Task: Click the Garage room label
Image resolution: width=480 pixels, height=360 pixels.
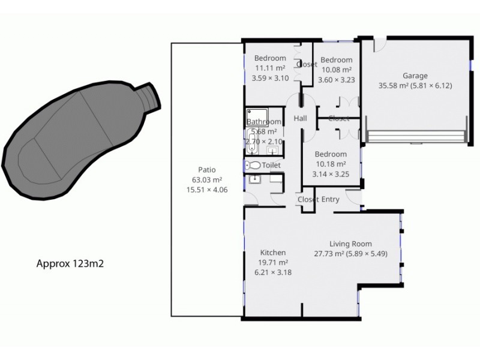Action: pos(415,76)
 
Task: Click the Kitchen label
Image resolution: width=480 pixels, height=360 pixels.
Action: pos(272,253)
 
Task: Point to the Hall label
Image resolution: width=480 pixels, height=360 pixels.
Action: pos(300,118)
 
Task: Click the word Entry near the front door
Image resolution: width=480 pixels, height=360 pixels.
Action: pos(331,199)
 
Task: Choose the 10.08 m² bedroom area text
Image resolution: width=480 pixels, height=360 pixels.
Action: pos(336,70)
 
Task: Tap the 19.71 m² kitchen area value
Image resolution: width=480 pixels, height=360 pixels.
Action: pos(273,262)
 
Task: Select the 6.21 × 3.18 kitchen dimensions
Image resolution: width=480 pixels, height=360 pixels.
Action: pos(273,272)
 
